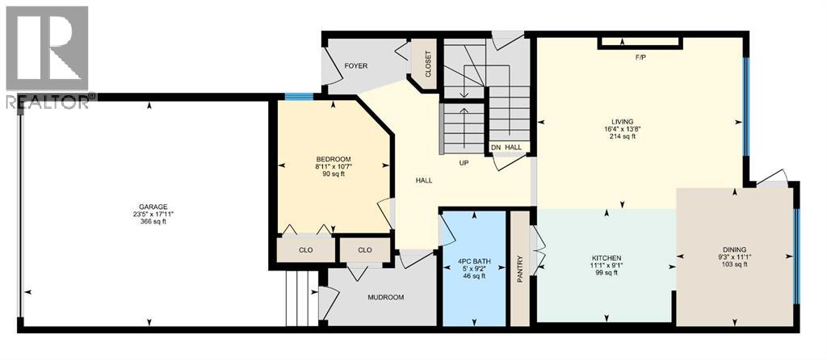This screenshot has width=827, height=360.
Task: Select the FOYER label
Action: (357, 65)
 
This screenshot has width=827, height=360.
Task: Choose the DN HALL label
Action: (510, 148)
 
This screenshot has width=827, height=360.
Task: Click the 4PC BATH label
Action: (473, 260)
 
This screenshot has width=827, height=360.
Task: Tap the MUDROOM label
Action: (385, 297)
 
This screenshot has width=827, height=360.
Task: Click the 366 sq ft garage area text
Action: (152, 222)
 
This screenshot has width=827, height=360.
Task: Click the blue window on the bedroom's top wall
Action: (298, 98)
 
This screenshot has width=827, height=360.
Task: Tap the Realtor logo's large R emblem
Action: (46, 48)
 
